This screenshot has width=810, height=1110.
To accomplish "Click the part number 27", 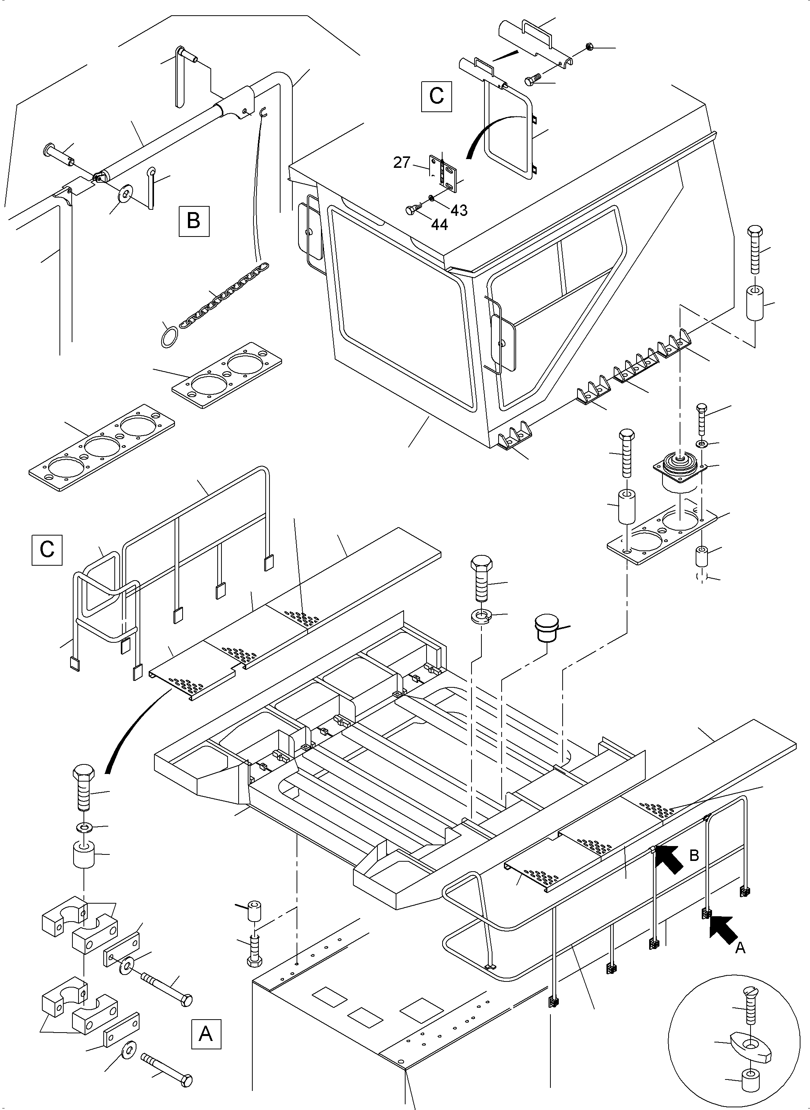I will (x=401, y=162).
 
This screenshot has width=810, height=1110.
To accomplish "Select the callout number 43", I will (x=459, y=210).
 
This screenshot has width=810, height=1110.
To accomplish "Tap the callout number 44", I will (x=439, y=225).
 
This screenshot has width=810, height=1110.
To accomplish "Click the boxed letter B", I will (x=194, y=221).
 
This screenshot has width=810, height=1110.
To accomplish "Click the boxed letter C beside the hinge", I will (x=436, y=97).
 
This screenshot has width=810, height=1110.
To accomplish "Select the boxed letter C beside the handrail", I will (x=47, y=550).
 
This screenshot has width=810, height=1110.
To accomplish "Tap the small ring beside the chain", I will (x=168, y=338).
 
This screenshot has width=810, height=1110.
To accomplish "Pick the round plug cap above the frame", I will (x=546, y=627).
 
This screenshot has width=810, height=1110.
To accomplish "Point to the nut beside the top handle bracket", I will (x=589, y=47).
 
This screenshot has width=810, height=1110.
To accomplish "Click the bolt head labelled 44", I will (x=411, y=210).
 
